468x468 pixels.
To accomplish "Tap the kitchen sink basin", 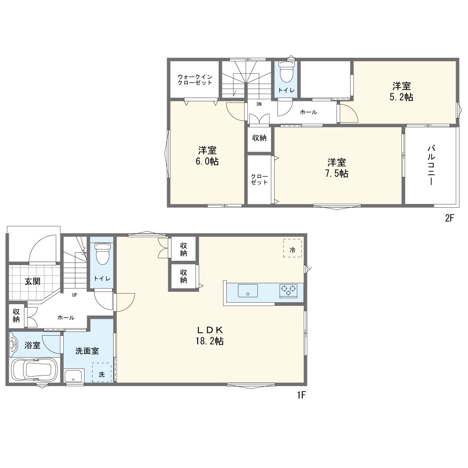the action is (248, 290).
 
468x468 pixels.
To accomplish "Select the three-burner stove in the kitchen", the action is (288, 291).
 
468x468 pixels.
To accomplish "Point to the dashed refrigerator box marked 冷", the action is (292, 248).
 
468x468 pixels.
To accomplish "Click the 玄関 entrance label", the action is (33, 281).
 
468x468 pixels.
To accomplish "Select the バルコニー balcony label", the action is (431, 165).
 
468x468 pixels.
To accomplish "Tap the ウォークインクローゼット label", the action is (195, 80).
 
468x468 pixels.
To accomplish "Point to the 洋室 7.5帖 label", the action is (337, 168).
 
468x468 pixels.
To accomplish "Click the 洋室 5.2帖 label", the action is (401, 91).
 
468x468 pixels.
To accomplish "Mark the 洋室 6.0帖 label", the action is (207, 156).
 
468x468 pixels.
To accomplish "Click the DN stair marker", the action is (259, 104).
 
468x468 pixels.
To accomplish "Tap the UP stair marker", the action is (75, 295).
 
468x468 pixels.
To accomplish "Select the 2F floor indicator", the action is (449, 218).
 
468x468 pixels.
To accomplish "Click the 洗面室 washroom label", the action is (87, 351).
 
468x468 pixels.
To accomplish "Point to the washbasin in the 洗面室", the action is (74, 376).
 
